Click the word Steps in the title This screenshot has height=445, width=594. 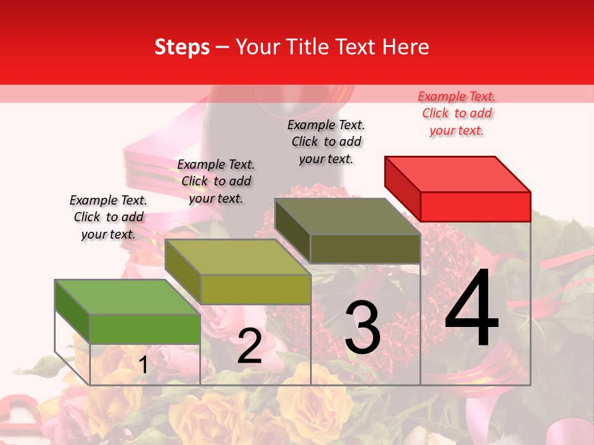[x=182, y=48]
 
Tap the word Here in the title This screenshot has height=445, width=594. [x=405, y=48]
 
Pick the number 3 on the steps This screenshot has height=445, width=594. [x=363, y=328]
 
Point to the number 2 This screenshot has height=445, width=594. [x=249, y=347]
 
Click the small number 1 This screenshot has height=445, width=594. [x=143, y=365]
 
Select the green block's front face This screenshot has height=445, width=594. [x=145, y=329]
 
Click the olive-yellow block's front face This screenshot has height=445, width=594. [x=255, y=289]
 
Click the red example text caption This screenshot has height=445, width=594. [x=457, y=114]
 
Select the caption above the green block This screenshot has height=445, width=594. [x=108, y=218]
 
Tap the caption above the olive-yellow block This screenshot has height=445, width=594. [x=216, y=182]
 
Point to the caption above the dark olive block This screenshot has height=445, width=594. [x=326, y=142]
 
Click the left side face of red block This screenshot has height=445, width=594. [x=402, y=188]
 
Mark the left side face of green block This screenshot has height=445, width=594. [x=72, y=311]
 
